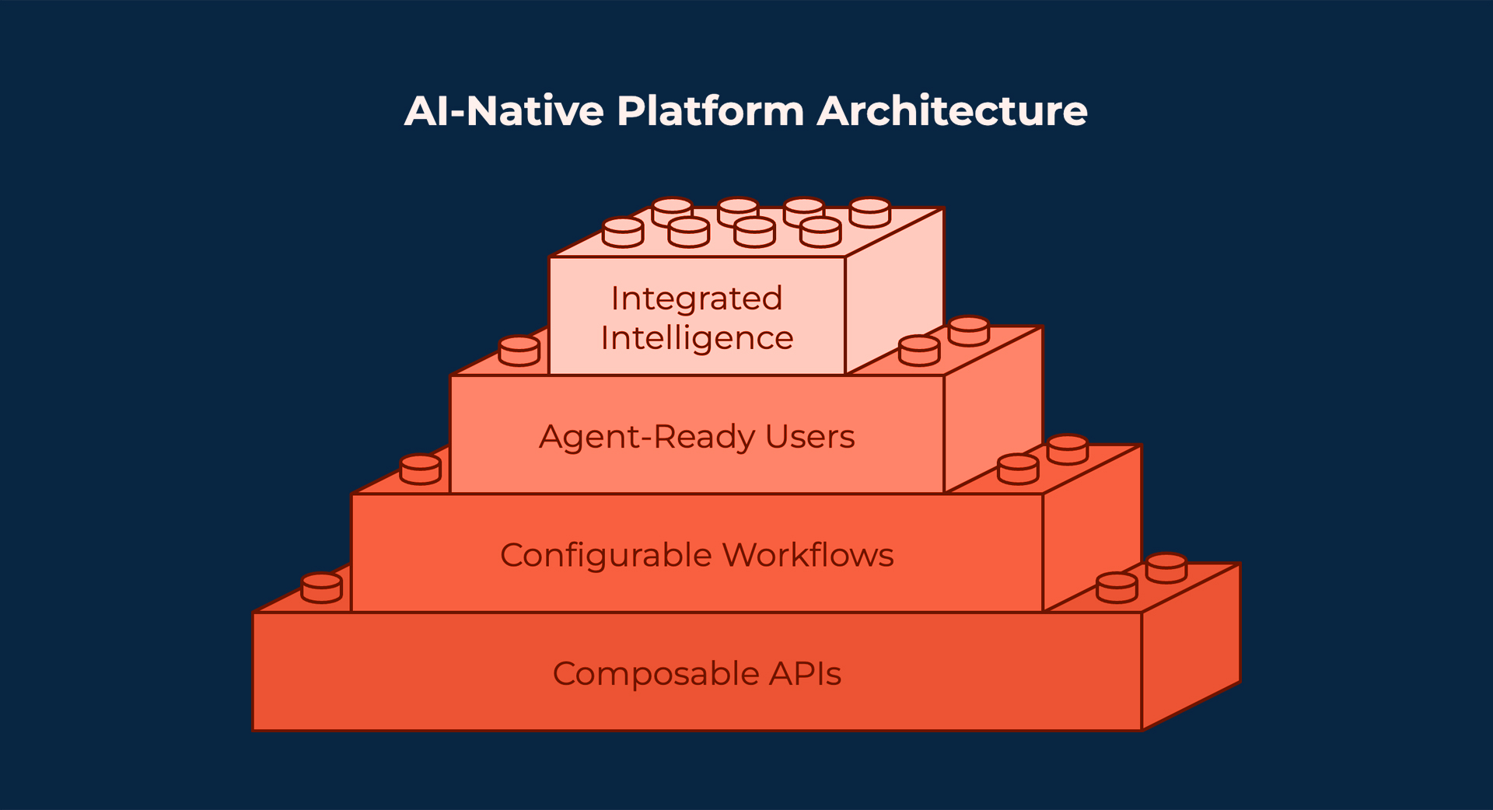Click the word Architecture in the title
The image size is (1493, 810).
point(951,111)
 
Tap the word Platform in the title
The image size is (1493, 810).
point(710,111)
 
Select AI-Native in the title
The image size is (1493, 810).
point(504,111)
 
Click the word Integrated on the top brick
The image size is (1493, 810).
point(696,299)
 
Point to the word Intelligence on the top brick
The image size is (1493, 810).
point(697,338)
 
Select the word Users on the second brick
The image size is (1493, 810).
point(809,437)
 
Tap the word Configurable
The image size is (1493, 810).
point(606,555)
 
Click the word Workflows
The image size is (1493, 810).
point(808,555)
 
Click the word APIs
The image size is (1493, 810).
point(805,673)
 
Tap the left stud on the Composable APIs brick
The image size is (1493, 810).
point(321,588)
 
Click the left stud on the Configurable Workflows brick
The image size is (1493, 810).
point(421,470)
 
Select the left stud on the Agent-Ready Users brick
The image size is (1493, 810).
point(519,351)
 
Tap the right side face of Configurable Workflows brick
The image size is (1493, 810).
point(1093,529)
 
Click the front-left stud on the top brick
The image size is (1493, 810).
point(623,232)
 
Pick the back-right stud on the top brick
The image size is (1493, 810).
point(870,211)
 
